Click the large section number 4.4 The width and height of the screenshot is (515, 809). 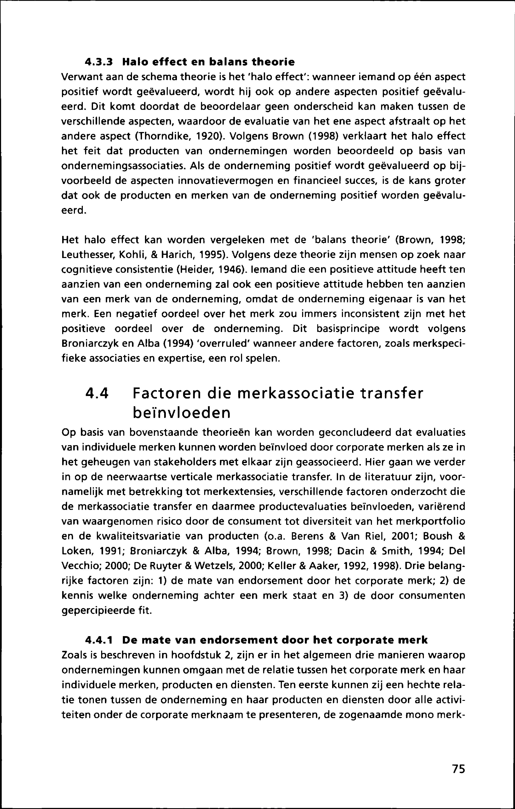[98, 393]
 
